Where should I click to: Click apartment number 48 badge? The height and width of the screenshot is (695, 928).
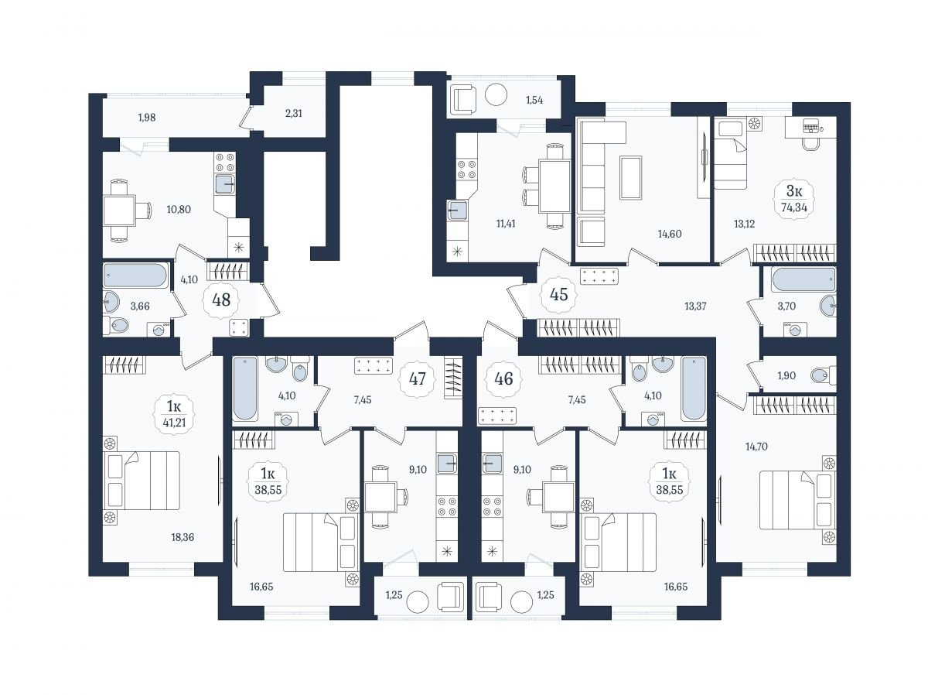[221, 300]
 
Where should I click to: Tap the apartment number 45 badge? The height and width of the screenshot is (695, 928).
[558, 294]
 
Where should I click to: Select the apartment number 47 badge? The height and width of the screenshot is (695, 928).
[418, 378]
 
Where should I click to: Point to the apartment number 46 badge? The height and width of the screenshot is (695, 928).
[503, 379]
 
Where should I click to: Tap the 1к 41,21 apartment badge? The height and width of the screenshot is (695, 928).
[174, 414]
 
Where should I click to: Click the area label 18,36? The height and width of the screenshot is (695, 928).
[183, 537]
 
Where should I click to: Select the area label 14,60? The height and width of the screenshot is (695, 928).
[669, 234]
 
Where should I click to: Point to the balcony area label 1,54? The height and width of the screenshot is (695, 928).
[534, 101]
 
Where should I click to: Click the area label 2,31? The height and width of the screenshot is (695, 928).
[293, 113]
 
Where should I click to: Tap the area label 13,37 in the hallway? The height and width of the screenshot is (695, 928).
[695, 306]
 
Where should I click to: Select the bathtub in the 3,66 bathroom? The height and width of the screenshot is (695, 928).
[135, 276]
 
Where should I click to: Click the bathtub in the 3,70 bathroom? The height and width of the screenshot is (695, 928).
[803, 279]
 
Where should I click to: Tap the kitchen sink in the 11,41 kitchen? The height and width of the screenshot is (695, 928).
[457, 210]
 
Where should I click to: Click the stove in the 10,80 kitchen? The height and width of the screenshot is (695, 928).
[225, 163]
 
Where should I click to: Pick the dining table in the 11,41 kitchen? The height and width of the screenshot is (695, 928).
[554, 186]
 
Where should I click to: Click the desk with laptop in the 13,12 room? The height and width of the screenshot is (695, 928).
[810, 127]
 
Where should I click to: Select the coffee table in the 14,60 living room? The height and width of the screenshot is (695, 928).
[631, 177]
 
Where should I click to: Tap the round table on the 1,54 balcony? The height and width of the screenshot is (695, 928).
[496, 94]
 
